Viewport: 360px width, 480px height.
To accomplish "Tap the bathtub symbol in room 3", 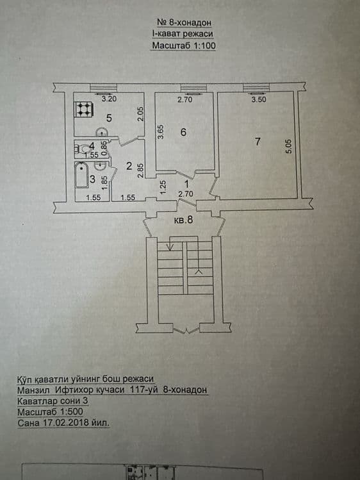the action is [x=81, y=176].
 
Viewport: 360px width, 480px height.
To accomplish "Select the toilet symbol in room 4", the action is [x=81, y=149].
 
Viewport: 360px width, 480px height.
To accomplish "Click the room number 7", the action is [x=258, y=142].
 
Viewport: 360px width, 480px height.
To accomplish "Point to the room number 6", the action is [x=183, y=132].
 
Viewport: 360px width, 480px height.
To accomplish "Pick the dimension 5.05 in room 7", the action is [x=289, y=146].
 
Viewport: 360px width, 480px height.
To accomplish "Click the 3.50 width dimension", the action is [x=259, y=99].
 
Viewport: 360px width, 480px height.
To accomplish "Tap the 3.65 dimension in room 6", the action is [x=161, y=131].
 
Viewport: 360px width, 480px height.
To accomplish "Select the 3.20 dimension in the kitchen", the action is [x=109, y=99].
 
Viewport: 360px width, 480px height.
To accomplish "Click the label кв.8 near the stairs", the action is [x=183, y=219].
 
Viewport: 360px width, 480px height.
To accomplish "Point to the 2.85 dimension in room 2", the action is [x=141, y=171].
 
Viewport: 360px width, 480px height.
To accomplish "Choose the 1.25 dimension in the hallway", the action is [x=163, y=187].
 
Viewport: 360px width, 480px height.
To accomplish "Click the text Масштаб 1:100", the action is [x=184, y=46].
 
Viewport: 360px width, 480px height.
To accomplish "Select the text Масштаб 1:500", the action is [x=50, y=411].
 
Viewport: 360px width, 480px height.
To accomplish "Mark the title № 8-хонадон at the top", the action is [x=184, y=22].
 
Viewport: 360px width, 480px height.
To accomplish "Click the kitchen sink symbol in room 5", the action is [x=101, y=132].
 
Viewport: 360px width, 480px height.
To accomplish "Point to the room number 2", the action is [x=129, y=166].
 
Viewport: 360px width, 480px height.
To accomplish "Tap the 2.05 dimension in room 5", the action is [x=140, y=113].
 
